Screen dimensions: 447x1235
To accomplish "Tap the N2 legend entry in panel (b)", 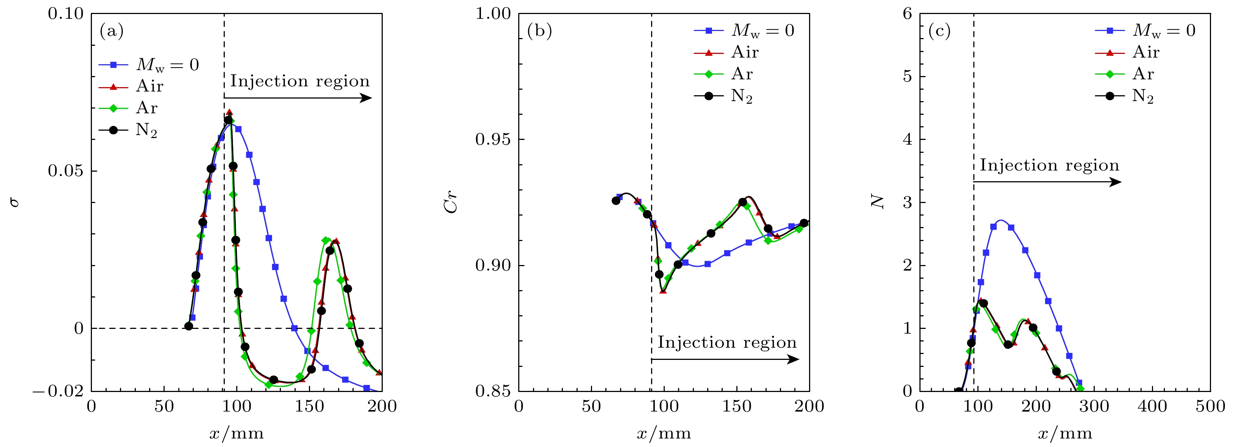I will pyautogui.click(x=741, y=96).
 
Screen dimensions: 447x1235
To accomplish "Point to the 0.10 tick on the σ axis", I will pyautogui.click(x=66, y=14).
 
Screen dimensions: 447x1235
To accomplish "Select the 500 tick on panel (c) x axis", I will pyautogui.click(x=1210, y=407).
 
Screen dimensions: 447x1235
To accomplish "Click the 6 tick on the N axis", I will pyautogui.click(x=907, y=14).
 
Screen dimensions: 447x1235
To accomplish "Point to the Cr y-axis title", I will pyautogui.click(x=451, y=202).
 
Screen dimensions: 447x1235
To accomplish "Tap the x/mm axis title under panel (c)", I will pyautogui.click(x=1065, y=434).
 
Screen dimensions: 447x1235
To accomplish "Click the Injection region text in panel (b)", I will pyautogui.click(x=727, y=343).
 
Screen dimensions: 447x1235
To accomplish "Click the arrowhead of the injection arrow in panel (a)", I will pyautogui.click(x=368, y=98).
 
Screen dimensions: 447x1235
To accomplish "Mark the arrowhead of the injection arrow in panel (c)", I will pyautogui.click(x=1118, y=182).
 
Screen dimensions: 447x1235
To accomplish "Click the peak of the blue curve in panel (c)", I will pyautogui.click(x=1001, y=221).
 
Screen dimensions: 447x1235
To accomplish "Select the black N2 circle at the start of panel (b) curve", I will pyautogui.click(x=616, y=200).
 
